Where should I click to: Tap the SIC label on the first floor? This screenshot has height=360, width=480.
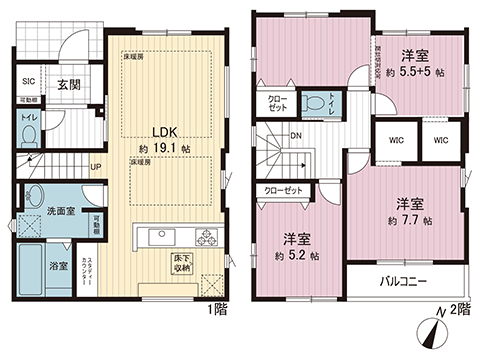click(x=29, y=84)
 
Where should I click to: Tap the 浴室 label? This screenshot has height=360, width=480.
click(x=60, y=266)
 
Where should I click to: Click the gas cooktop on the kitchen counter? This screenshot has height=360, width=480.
click(x=207, y=238)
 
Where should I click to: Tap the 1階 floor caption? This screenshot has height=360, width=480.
click(x=219, y=310)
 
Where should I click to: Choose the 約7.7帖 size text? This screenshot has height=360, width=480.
click(x=411, y=219)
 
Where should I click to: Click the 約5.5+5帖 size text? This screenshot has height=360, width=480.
click(x=416, y=73)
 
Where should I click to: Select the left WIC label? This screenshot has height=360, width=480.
click(x=397, y=141)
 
